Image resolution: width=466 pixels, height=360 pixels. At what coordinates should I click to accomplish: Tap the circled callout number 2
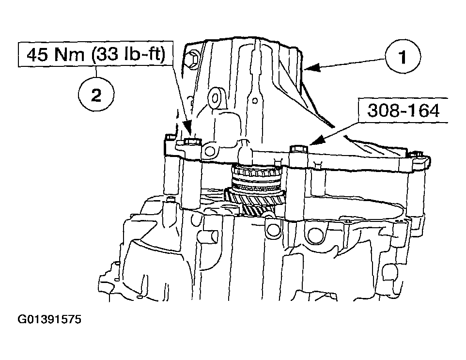pos(96,95)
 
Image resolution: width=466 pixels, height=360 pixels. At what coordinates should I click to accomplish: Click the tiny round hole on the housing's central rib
pos(255,100)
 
